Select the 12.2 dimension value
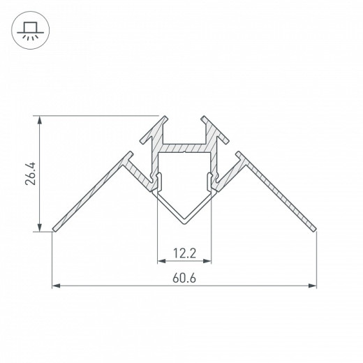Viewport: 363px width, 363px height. coord(184,252)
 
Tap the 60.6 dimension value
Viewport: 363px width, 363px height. coord(184,277)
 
